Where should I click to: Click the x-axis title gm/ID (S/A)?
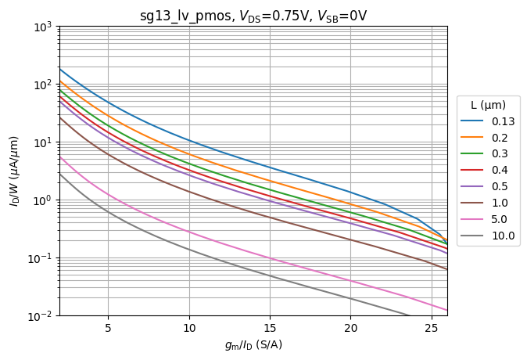[x=253, y=345]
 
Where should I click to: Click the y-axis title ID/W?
[x=14, y=171]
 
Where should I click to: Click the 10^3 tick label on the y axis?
[x=41, y=27]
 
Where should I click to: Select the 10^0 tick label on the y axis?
[x=41, y=200]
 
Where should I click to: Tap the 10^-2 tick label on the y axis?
[x=41, y=316]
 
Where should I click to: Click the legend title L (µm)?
[x=488, y=105]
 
